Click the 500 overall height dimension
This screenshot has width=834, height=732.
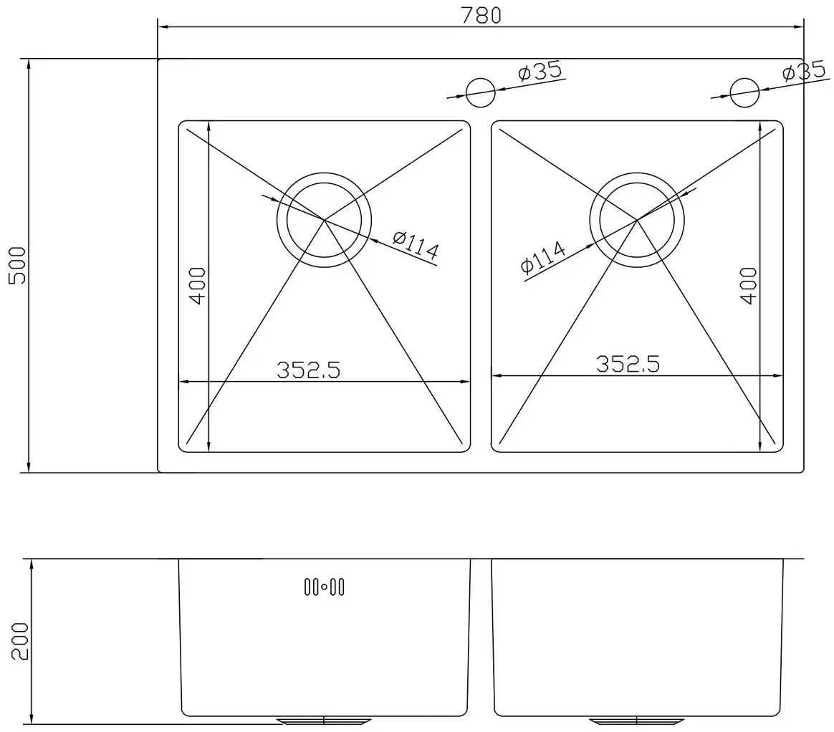pos(16,266)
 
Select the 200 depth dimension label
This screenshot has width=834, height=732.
pos(19,641)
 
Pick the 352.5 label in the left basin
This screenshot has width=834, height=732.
pos(308,370)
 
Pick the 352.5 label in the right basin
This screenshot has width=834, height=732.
pos(628,364)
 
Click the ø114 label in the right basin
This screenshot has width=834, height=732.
pos(543,258)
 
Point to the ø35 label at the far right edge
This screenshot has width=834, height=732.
pos(805,72)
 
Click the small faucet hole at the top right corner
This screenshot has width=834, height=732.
pos(744,90)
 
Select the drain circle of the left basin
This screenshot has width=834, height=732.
pos(325,219)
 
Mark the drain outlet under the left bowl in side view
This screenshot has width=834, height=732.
pos(325,720)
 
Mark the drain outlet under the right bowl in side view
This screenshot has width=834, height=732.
pos(637,720)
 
